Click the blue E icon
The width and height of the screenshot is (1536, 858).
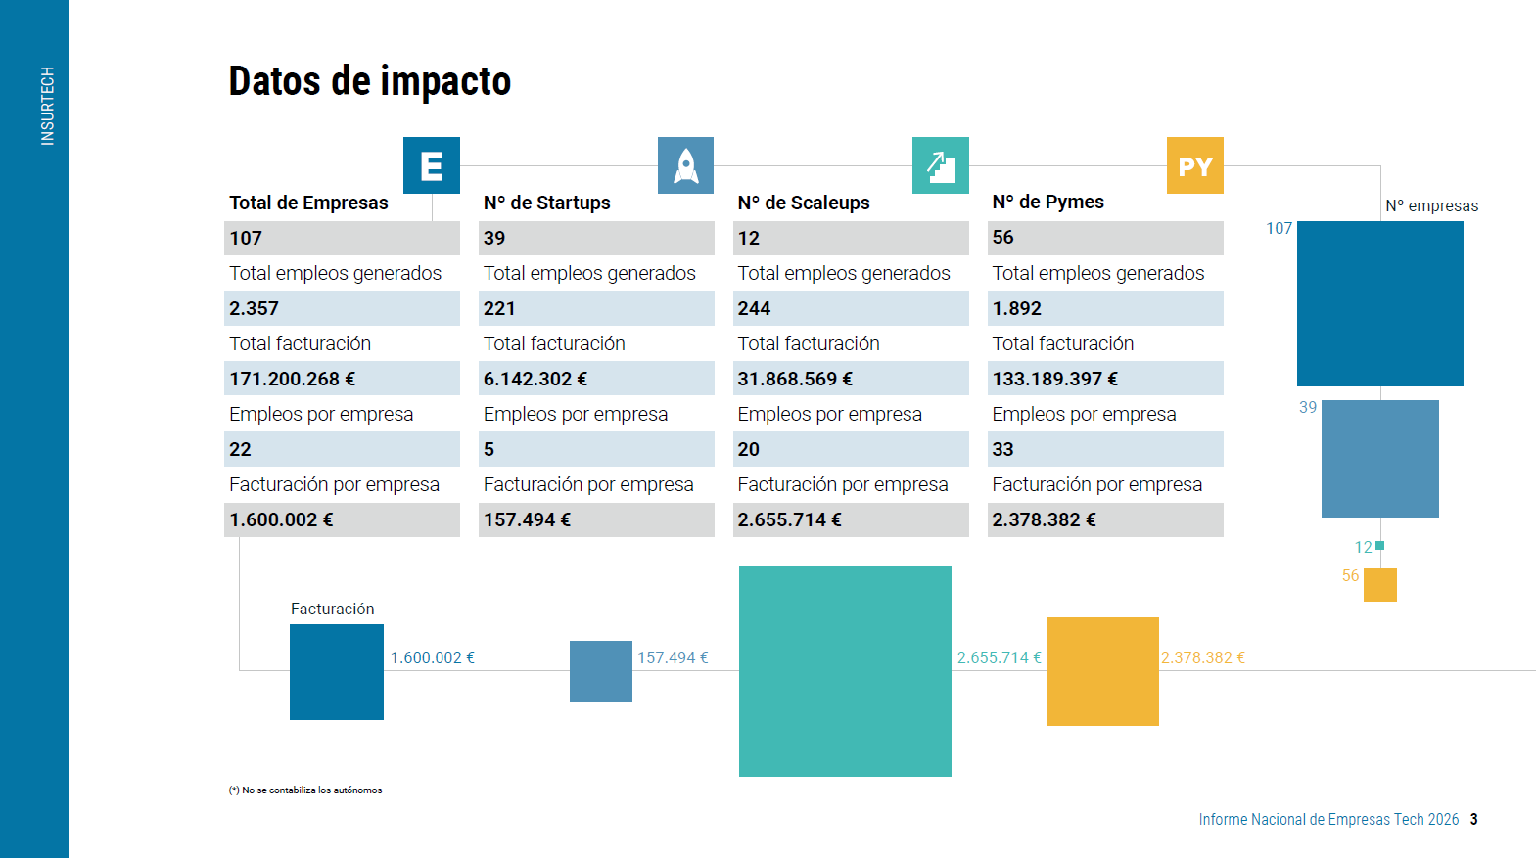[432, 165]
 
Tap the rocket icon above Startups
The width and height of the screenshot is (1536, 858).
[685, 165]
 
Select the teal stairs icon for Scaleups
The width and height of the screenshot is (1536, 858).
[940, 165]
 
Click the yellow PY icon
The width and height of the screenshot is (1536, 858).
[1195, 165]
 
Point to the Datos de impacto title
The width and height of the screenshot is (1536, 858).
[370, 81]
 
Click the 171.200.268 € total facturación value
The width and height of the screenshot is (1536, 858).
[292, 379]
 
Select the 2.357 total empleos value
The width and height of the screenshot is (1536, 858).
[254, 308]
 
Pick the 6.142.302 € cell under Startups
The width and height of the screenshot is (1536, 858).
[535, 379]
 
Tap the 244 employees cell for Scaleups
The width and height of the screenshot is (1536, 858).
[754, 308]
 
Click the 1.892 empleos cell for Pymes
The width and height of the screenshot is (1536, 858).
[1017, 308]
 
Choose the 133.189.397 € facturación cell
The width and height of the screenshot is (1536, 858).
[1054, 379]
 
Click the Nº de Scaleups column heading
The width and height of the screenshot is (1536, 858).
[804, 203]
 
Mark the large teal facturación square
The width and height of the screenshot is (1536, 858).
[845, 671]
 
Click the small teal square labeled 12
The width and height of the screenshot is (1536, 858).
[1379, 546]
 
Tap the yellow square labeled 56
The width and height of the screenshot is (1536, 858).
[1379, 585]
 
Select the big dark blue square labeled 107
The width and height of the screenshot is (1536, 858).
[1379, 303]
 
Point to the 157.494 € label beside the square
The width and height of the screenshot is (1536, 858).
[673, 657]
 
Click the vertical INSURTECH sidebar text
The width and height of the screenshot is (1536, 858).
[47, 107]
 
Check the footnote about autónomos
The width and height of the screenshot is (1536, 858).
[305, 790]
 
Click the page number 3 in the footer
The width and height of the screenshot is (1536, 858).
[1473, 820]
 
